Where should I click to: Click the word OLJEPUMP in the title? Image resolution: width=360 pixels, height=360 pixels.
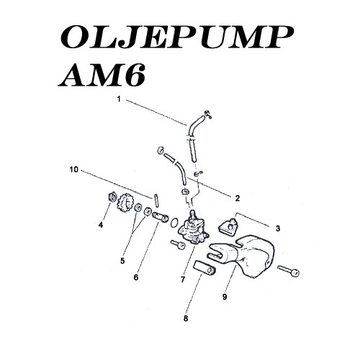(x=176, y=37)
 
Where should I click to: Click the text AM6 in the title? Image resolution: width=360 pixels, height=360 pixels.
(x=102, y=75)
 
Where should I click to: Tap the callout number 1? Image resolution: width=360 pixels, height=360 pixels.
(x=119, y=99)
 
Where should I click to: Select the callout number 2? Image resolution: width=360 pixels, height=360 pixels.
(x=238, y=198)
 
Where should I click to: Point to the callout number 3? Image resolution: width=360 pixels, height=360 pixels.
(x=278, y=228)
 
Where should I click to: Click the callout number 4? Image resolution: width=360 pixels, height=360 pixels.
(x=101, y=225)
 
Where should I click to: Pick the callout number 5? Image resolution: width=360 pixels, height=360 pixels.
(x=122, y=261)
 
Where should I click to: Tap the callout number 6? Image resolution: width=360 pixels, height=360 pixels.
(x=136, y=277)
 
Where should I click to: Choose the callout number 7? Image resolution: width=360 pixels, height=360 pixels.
(x=183, y=279)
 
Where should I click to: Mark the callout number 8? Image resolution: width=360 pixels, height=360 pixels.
(x=186, y=318)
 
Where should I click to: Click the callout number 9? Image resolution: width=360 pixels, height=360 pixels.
(x=225, y=297)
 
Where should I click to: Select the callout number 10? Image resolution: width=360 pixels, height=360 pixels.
(x=74, y=170)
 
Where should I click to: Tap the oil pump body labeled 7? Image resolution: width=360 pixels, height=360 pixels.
(x=193, y=229)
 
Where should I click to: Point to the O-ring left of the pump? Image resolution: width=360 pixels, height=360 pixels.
(x=174, y=222)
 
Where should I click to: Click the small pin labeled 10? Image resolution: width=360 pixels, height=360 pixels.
(x=156, y=200)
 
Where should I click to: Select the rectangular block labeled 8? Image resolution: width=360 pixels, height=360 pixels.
(x=204, y=268)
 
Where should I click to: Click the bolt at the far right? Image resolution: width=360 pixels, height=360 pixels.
(x=288, y=271)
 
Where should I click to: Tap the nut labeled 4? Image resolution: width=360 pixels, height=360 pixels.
(x=112, y=197)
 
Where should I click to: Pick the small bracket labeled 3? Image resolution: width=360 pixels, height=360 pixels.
(x=228, y=227)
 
